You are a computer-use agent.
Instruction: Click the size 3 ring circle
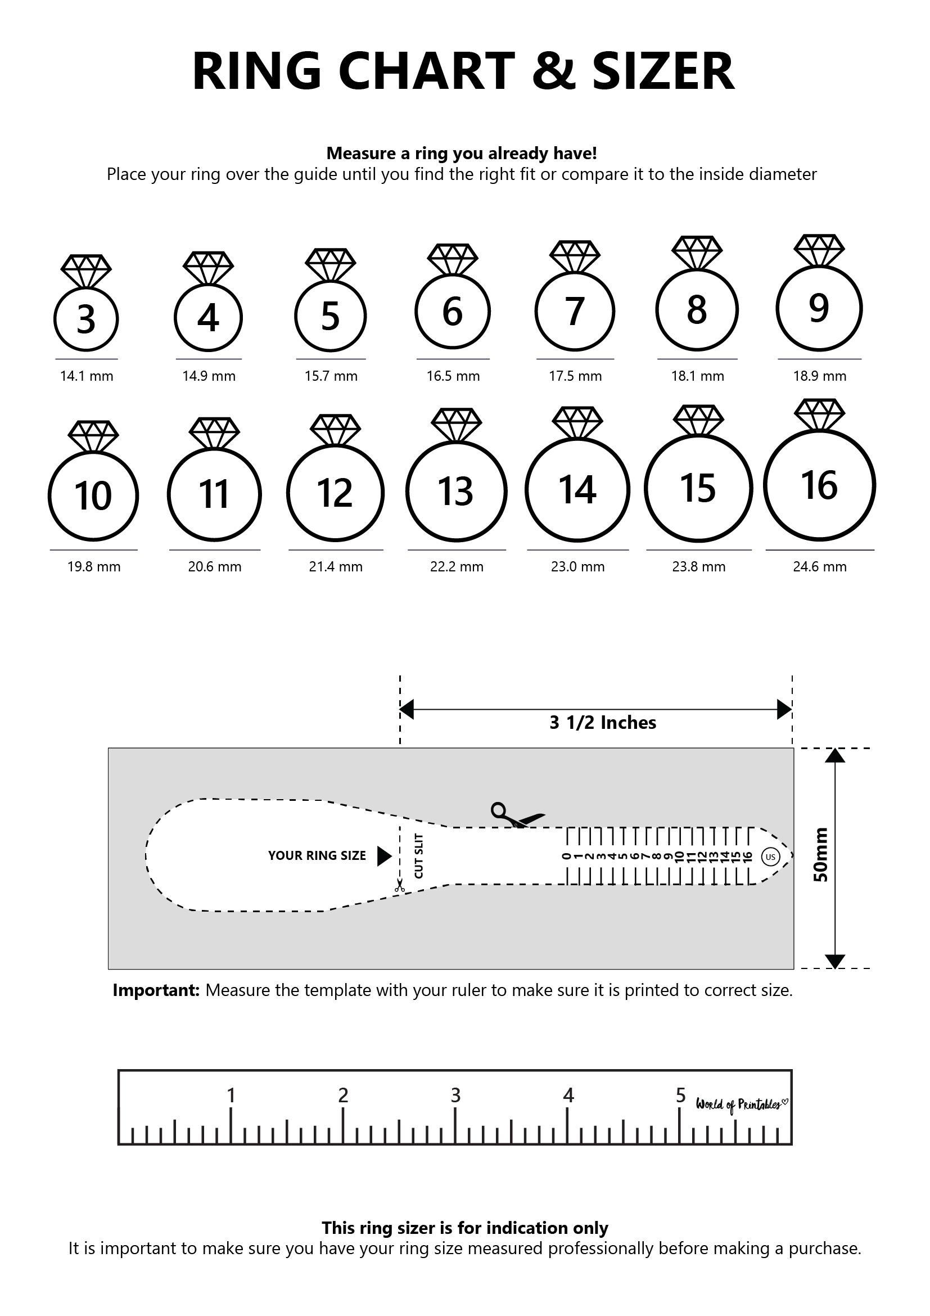point(86,319)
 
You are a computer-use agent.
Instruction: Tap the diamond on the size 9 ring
point(819,249)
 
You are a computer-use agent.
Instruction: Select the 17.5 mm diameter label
point(575,376)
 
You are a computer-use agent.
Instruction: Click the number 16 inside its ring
point(819,485)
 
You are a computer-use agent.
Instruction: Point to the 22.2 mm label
point(457,567)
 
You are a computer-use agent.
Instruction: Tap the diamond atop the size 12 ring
point(335,429)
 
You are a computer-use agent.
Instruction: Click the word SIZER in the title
point(663,71)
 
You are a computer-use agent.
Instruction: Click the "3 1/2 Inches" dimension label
point(603,723)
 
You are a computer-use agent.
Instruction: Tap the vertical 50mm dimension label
point(821,855)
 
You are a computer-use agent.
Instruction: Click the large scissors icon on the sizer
point(516,814)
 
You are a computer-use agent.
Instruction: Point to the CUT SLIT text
point(419,856)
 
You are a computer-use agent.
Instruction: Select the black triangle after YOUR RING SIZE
point(384,857)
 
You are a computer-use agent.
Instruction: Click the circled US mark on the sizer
point(771,857)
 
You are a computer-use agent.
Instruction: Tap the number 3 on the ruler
point(455,1096)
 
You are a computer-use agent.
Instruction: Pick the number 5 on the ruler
point(680,1096)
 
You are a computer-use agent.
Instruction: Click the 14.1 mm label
point(87,376)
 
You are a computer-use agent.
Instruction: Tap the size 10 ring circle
point(93,495)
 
